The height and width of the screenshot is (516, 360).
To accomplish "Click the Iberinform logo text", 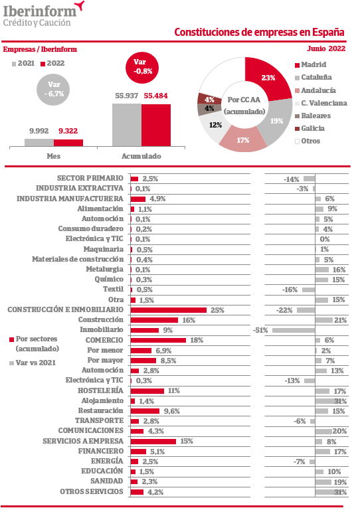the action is tap(40, 11).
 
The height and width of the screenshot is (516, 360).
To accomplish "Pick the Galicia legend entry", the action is tap(310, 128).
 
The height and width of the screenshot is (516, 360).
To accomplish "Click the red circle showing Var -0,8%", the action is tap(142, 68).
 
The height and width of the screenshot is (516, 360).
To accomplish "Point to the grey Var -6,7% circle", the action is tap(53, 89).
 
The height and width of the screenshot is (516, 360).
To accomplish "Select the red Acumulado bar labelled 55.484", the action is tap(156, 125).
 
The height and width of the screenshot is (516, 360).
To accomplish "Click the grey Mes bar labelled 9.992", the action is tap(39, 143).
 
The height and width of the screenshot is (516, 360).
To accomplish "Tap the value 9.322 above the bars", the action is tap(68, 131).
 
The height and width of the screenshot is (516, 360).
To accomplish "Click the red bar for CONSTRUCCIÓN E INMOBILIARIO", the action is tap(169, 310).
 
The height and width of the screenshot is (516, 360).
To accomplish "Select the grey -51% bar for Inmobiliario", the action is tap(294, 330).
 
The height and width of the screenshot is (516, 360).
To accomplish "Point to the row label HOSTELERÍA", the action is tap(100, 390).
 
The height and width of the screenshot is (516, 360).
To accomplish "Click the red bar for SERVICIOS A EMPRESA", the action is tap(153, 442).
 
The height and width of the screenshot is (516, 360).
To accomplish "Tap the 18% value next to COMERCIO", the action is tap(197, 340).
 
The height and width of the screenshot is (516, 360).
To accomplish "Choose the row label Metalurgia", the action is tap(105, 269).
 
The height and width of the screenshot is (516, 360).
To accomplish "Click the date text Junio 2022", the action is tap(326, 48).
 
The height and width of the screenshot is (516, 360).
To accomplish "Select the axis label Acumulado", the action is tap(141, 156).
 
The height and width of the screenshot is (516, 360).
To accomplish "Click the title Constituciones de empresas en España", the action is tap(259, 33).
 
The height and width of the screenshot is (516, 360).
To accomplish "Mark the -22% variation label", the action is tap(284, 310).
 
